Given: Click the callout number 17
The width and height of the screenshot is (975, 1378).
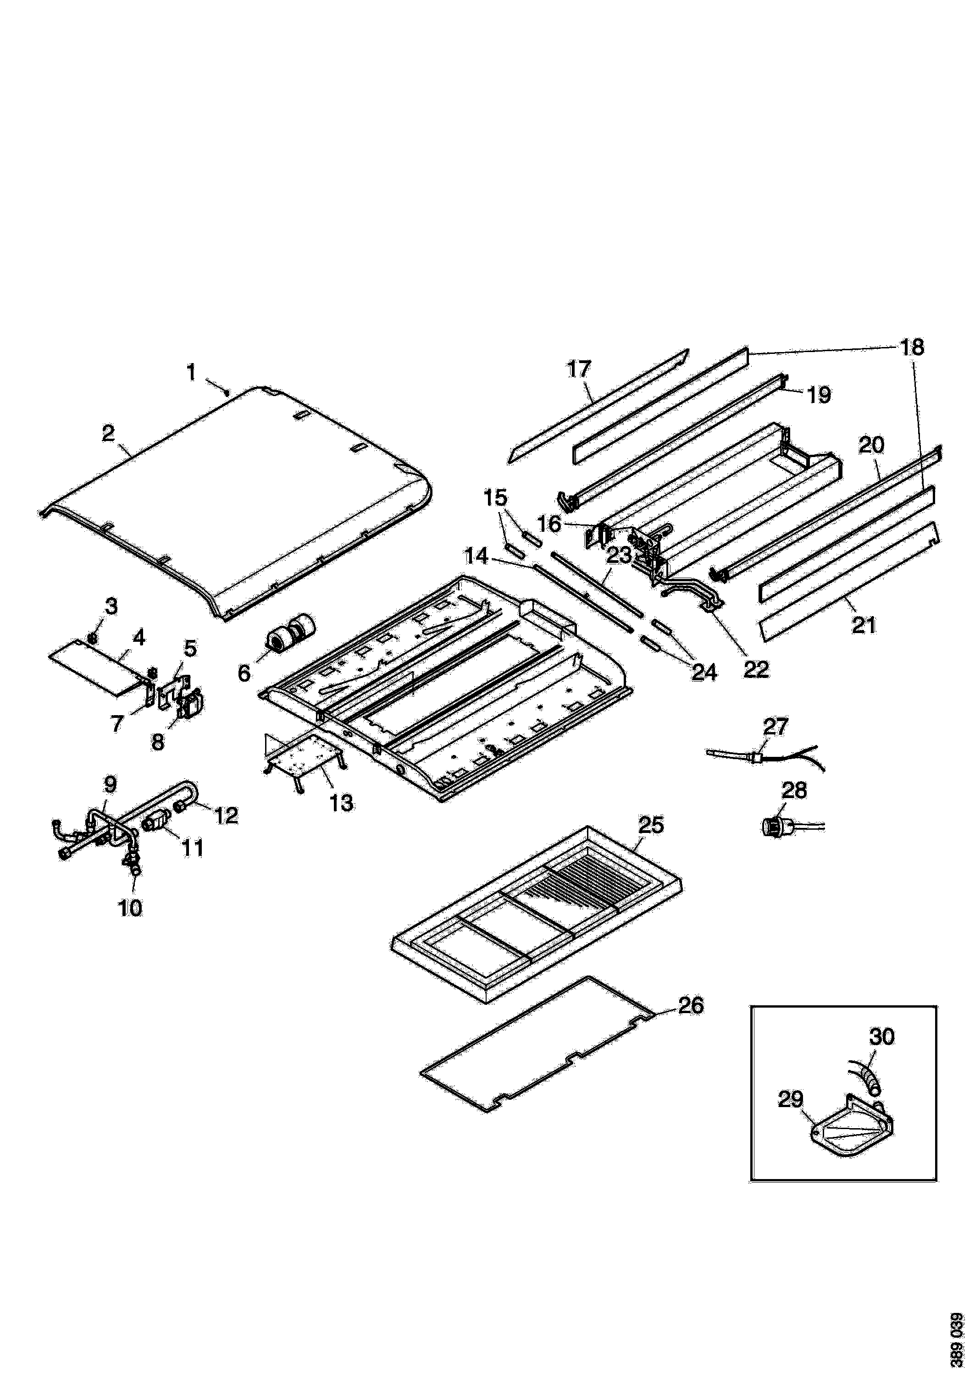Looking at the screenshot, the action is (x=579, y=369).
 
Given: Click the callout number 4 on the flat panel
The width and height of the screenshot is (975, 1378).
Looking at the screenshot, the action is (x=138, y=637).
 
